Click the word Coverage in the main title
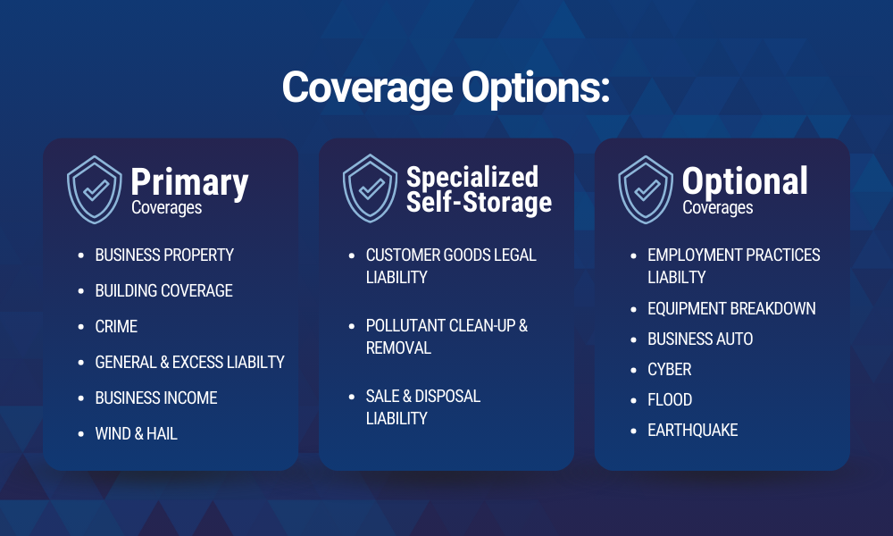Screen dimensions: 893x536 point(367,88)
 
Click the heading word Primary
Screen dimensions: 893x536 point(189,182)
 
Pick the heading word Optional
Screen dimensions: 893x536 point(745,181)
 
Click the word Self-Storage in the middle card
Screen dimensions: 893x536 point(479,203)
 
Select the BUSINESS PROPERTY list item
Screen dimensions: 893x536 point(164,255)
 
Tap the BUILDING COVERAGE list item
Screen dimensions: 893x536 point(163,290)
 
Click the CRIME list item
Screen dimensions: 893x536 point(116,326)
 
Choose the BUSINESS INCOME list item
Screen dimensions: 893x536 point(156,398)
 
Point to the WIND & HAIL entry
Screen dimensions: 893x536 point(136,433)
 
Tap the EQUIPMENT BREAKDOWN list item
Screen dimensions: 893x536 point(731,308)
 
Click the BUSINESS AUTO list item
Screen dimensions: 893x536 point(700,339)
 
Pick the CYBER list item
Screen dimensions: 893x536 point(669,369)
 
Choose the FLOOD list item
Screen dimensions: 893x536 point(670,399)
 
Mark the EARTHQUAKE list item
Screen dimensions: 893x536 point(693,430)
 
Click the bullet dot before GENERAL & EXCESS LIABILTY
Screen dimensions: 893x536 point(81,363)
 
